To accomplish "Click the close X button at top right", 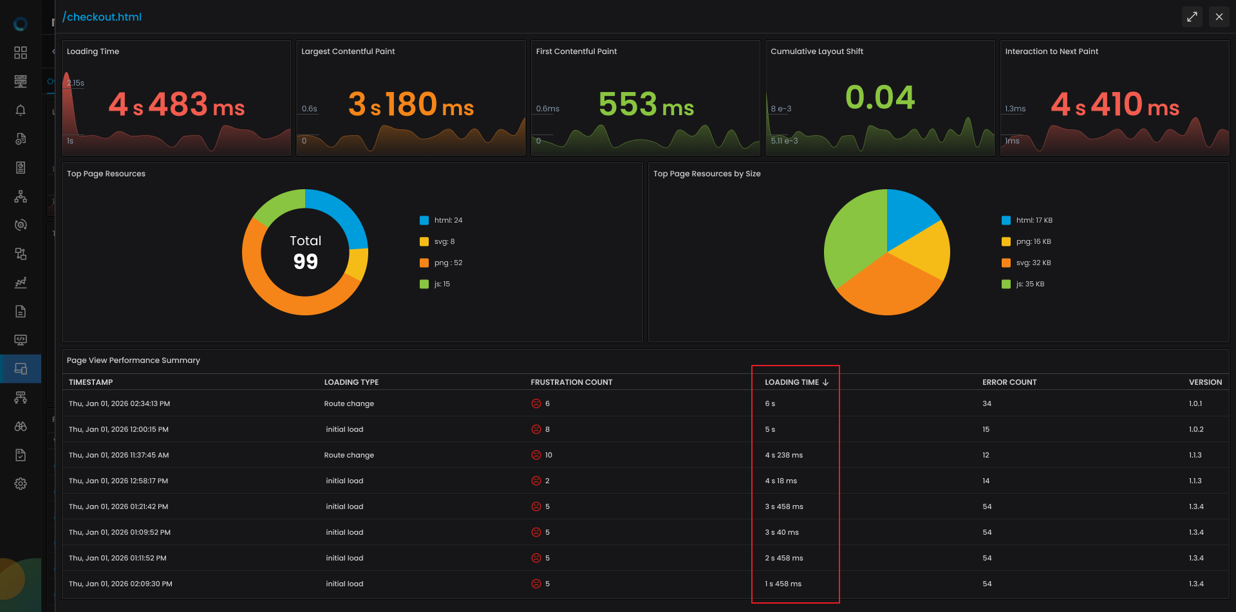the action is (x=1219, y=17).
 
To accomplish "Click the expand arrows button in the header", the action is (x=1192, y=17).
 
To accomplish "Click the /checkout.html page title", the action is (x=102, y=17).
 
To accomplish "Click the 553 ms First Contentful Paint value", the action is (x=646, y=104).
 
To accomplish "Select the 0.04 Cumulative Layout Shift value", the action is (x=880, y=97).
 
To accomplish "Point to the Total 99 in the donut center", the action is (x=305, y=252).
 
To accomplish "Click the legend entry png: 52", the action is (x=441, y=263).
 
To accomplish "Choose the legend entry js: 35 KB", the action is (x=1023, y=284).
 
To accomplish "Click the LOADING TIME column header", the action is (x=796, y=382).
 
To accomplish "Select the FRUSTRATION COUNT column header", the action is (x=572, y=382).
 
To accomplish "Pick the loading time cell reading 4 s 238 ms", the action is (x=783, y=455).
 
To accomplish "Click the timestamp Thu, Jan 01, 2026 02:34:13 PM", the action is (x=119, y=403).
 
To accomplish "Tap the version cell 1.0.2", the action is (x=1196, y=429).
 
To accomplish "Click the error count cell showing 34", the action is (x=987, y=403).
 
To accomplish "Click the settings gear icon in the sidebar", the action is (x=21, y=484).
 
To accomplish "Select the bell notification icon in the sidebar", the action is (x=21, y=110).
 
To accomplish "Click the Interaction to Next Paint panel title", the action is (x=1051, y=51).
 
